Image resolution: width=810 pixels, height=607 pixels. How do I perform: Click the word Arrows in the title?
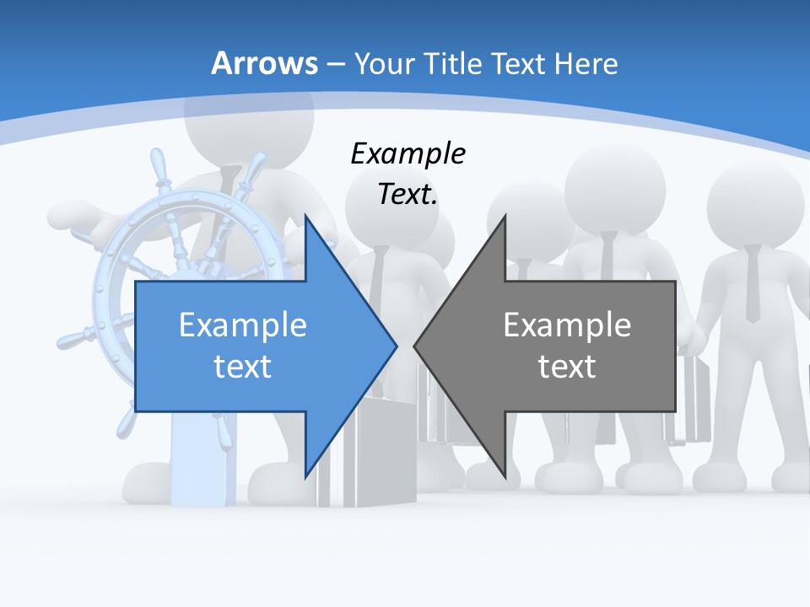(264, 63)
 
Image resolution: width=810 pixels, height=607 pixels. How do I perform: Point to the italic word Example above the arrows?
(408, 154)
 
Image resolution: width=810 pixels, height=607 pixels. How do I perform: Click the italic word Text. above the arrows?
(408, 195)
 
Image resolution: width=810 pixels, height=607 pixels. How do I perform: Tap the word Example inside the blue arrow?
(242, 325)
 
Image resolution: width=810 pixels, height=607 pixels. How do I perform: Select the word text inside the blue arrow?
(242, 366)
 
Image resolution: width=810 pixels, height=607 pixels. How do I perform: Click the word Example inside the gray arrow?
(567, 325)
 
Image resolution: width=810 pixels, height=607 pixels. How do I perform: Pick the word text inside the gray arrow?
(567, 366)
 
